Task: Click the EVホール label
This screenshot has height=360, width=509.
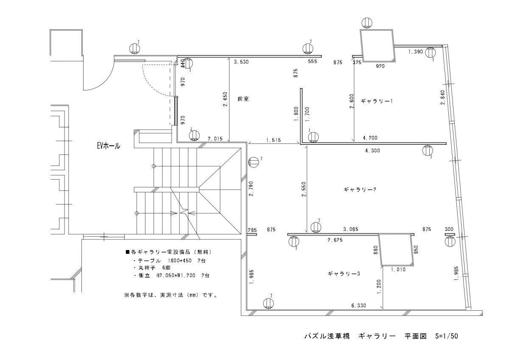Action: point(109,146)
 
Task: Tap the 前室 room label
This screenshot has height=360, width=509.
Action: point(243,98)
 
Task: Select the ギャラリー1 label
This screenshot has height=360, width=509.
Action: point(377,101)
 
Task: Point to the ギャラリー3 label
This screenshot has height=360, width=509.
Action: point(344,274)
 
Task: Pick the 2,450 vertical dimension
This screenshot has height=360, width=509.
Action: point(225,100)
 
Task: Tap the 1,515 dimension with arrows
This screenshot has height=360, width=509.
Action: point(274,140)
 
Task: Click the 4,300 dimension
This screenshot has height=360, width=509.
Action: point(372,151)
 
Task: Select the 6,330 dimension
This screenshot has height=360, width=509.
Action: point(359,305)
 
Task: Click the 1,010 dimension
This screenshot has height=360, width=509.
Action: point(399,270)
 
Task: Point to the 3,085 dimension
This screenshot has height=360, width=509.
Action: point(351,229)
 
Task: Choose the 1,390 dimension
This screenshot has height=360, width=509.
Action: point(416,52)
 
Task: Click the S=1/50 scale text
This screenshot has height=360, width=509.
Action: point(447,336)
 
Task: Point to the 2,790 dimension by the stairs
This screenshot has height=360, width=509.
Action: point(251,188)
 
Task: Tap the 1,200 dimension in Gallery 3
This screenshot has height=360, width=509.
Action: point(378,287)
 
